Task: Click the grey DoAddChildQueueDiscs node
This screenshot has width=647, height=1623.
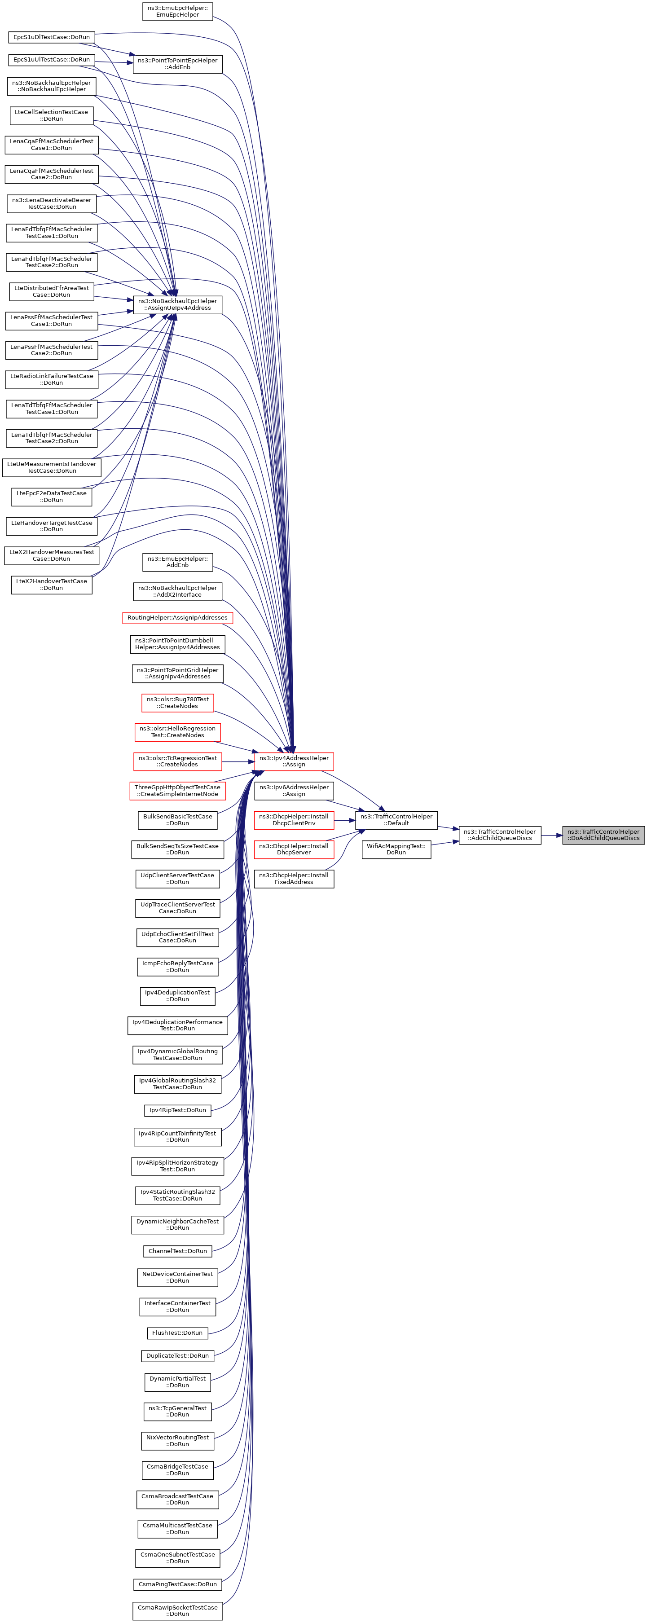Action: [603, 835]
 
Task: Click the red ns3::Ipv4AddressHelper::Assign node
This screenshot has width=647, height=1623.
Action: [294, 761]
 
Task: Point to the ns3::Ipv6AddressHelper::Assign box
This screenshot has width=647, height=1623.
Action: [294, 791]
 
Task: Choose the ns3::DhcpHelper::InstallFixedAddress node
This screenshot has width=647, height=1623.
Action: [294, 878]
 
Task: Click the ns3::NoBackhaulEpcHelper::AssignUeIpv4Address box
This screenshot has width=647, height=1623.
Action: [177, 304]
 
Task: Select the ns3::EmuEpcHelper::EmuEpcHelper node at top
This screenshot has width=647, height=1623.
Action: [177, 11]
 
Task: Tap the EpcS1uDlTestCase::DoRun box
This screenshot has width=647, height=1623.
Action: [51, 37]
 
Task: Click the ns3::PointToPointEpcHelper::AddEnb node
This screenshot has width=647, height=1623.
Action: [177, 64]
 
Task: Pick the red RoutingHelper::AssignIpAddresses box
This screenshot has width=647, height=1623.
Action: [177, 617]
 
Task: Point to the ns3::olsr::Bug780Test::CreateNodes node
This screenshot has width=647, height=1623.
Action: [177, 703]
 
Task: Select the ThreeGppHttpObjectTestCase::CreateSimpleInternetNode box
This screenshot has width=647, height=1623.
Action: [177, 791]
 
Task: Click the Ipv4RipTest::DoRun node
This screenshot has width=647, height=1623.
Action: [177, 1110]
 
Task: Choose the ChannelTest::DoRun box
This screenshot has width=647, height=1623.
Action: [177, 1251]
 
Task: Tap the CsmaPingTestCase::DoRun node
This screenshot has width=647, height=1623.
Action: [177, 1584]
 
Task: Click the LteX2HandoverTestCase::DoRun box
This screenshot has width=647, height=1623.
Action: [51, 584]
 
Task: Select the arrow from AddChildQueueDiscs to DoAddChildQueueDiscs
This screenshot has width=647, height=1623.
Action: [551, 835]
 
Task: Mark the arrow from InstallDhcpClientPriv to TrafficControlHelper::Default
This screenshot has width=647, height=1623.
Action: [345, 820]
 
